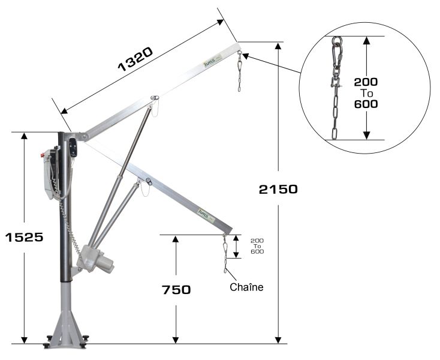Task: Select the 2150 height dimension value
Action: (278, 190)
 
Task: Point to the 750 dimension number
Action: (176, 290)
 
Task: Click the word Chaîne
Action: (246, 287)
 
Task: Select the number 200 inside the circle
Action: (367, 82)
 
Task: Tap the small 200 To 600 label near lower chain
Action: (257, 246)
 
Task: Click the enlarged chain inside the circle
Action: (337, 90)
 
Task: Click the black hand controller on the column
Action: (73, 147)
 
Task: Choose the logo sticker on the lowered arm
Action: (206, 212)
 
